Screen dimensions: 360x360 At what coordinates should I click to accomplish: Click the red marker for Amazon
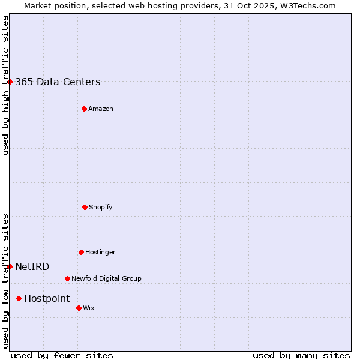(84, 109)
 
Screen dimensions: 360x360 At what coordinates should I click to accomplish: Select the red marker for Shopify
(85, 207)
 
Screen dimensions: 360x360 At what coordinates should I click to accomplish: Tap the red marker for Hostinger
(81, 252)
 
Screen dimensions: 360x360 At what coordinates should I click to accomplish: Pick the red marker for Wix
(79, 308)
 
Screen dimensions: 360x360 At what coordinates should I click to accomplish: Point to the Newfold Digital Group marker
(67, 278)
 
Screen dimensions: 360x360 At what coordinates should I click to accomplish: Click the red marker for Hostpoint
(19, 298)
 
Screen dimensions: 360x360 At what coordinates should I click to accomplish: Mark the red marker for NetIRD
(10, 266)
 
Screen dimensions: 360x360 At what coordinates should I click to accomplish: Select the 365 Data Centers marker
(10, 82)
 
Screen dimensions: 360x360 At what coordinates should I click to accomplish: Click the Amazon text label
(101, 109)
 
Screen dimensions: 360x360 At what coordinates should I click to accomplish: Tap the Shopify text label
(101, 208)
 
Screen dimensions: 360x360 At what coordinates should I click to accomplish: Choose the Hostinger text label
(100, 253)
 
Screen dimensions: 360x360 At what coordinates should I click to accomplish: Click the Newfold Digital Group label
(106, 279)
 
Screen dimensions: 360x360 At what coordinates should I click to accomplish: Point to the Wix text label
(89, 308)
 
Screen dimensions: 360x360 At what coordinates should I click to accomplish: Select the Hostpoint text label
(47, 299)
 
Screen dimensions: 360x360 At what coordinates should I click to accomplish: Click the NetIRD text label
(32, 267)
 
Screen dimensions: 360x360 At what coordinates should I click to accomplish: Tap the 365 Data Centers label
(58, 82)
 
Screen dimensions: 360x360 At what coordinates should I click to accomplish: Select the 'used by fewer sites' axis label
(62, 355)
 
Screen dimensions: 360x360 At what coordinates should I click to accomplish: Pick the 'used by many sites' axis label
(301, 355)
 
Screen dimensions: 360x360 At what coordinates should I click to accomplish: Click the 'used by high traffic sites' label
(6, 85)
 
